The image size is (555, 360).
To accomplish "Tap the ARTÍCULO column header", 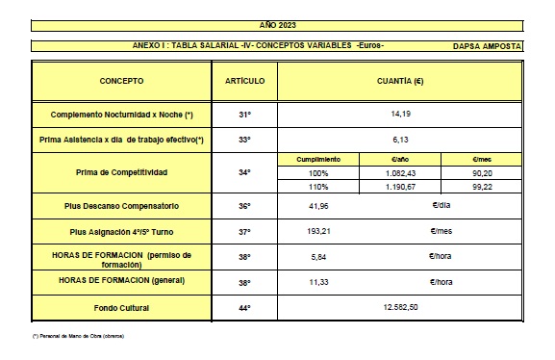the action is [x=244, y=81].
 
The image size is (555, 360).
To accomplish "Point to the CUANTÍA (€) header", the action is [x=401, y=81].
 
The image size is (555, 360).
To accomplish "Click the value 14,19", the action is [x=401, y=115].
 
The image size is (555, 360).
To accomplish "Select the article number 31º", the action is [x=244, y=115].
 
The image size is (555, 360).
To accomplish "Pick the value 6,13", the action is [x=401, y=140].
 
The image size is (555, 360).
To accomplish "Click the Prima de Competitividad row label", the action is [x=120, y=172].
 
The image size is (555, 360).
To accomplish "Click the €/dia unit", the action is [x=442, y=206].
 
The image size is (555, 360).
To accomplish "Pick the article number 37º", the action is [x=244, y=232].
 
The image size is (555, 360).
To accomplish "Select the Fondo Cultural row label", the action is [x=120, y=307].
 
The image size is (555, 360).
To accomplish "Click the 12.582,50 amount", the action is [x=401, y=307].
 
